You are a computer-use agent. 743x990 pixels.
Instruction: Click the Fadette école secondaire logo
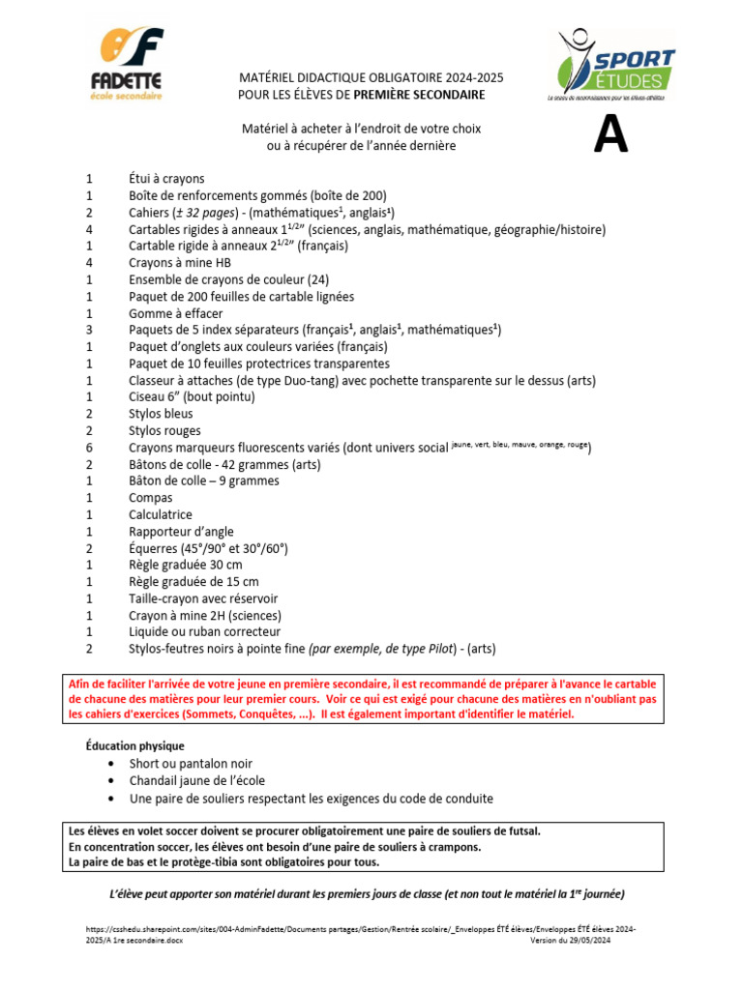tap(132, 64)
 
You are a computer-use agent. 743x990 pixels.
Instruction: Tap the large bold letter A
tap(610, 135)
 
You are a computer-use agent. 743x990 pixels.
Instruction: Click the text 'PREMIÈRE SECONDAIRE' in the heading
tap(419, 95)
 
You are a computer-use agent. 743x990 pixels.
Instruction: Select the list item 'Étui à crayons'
tap(166, 179)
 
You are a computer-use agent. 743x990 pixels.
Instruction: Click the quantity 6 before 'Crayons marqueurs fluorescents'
tap(89, 448)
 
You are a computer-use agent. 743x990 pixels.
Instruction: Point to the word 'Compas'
tap(151, 498)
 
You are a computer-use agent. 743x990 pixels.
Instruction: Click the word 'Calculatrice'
tap(161, 514)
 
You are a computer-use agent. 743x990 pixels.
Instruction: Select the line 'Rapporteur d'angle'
tap(181, 532)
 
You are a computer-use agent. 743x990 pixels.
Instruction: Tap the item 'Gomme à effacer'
tap(175, 313)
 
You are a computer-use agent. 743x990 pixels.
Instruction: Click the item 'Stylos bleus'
tap(161, 414)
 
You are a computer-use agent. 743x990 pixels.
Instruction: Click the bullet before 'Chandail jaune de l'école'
tap(112, 781)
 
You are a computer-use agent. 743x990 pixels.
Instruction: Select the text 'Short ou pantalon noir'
tap(191, 764)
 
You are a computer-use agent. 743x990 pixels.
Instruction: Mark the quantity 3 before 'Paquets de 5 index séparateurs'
tap(89, 330)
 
